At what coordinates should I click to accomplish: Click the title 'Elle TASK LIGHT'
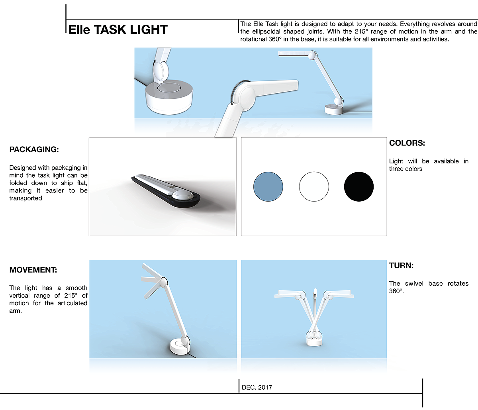click(x=118, y=29)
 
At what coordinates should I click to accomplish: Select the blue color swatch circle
click(x=268, y=186)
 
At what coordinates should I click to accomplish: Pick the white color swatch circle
click(x=314, y=186)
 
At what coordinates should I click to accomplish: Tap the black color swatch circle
click(x=358, y=186)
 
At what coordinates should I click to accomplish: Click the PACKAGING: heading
click(x=34, y=149)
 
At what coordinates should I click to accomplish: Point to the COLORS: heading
click(x=407, y=143)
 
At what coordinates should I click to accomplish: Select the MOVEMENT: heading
click(x=33, y=270)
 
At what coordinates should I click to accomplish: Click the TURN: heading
click(x=401, y=265)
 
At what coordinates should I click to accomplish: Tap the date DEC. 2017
click(x=257, y=387)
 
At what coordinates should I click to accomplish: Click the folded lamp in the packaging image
click(x=166, y=190)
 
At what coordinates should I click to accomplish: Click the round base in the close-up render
click(x=169, y=98)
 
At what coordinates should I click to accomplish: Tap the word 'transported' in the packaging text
click(x=25, y=198)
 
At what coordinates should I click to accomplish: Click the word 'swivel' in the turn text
click(x=414, y=283)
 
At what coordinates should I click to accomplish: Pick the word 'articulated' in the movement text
click(x=72, y=303)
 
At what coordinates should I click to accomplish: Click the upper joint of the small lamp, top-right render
click(x=312, y=55)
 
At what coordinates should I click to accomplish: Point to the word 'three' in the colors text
click(x=396, y=169)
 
